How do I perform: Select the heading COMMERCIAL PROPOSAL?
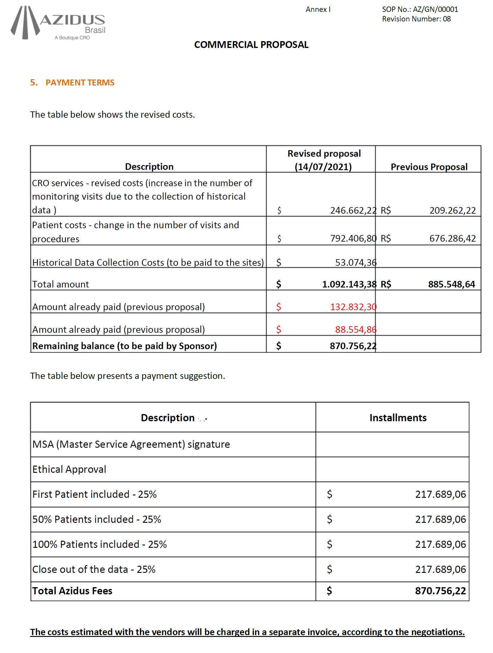coord(251,45)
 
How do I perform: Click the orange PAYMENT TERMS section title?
coord(80,83)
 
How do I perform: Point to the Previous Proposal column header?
coord(429,167)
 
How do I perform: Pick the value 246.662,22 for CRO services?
coord(353,210)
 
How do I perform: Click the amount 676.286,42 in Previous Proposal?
coord(452,238)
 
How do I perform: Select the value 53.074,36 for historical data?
coord(356,262)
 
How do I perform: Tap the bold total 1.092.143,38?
coord(349,284)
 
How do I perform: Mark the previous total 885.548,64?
coord(452,284)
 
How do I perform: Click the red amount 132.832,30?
coord(353,307)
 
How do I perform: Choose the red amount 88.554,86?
coord(356,329)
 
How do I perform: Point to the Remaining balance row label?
coord(124,346)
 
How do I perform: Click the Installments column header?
coord(398,418)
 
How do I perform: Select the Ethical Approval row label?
coord(69,469)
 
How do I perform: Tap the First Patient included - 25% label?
coord(94,494)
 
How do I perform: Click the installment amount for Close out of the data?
coord(440,569)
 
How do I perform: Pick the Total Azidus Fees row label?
coord(72,591)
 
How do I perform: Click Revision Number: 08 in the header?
coord(416,19)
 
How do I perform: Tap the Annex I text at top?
coord(318,10)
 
